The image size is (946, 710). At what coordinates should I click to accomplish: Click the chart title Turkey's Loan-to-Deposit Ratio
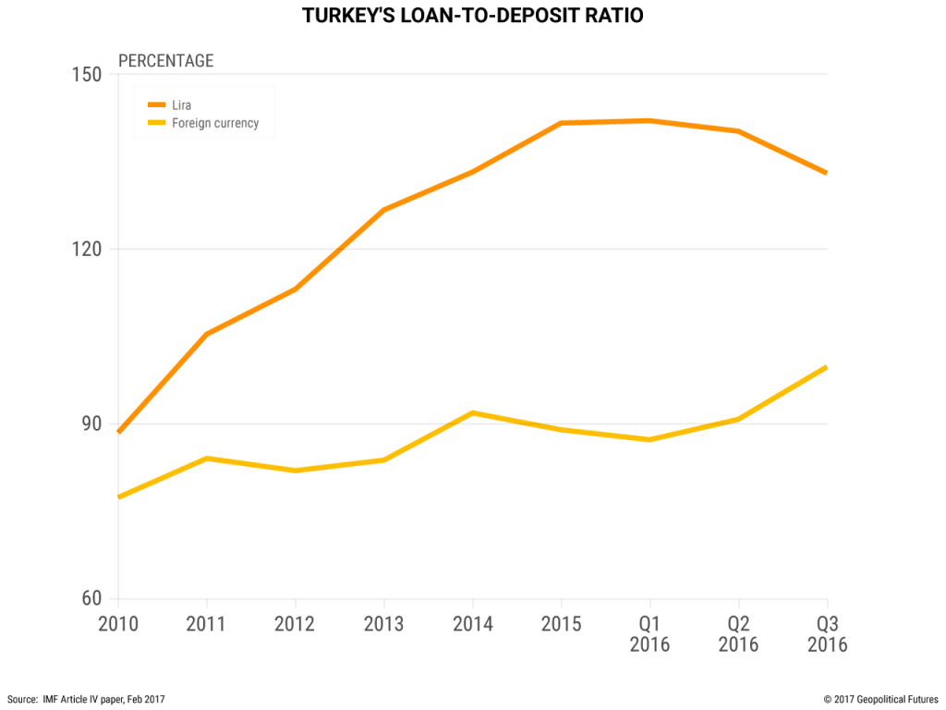click(473, 16)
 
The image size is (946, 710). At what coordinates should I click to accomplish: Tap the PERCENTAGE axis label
click(165, 61)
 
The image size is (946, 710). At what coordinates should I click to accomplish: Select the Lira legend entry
click(182, 105)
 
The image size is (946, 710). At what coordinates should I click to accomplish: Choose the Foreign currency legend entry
click(215, 123)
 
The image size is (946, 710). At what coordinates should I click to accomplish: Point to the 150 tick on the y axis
click(86, 74)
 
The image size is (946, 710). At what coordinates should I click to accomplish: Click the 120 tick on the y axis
click(86, 249)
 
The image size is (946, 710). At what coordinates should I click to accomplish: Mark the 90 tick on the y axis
click(88, 423)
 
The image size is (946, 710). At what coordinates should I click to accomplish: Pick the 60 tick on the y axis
click(88, 599)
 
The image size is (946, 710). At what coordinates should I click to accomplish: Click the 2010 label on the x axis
click(118, 624)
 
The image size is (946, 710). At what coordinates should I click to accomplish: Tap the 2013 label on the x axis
click(384, 624)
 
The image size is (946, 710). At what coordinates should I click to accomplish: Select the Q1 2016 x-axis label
click(650, 634)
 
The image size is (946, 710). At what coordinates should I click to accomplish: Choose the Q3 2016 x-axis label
click(827, 634)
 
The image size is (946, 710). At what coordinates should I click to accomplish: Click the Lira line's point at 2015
click(562, 123)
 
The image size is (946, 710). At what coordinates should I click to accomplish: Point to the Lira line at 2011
click(207, 334)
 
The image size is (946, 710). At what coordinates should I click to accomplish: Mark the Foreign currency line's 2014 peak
click(473, 412)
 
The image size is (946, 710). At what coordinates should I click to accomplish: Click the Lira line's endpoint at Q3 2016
click(826, 173)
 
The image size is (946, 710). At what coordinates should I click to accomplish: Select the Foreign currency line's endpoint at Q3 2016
click(826, 368)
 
